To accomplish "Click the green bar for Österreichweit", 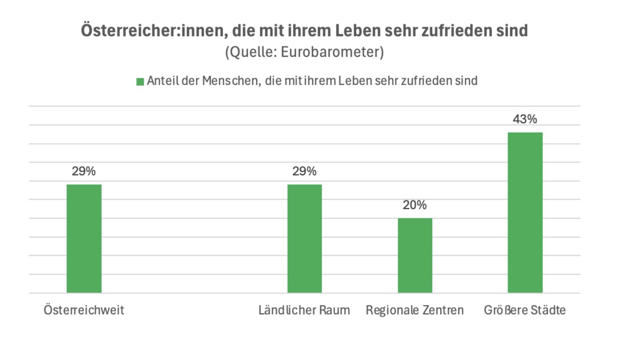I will coord(84,238).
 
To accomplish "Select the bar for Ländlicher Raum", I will coord(304,238).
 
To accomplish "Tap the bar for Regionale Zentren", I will coord(415,255).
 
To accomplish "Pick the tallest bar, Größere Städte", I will coord(525,212).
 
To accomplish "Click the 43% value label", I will coord(525,119).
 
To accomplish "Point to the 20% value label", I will coord(415,205).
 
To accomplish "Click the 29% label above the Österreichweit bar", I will coord(84,171).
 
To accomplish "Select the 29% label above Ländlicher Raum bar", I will coord(304,171).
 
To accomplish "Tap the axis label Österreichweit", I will coord(84,310).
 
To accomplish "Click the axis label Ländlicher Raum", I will coord(304,310).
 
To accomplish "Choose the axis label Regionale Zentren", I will coord(415,310).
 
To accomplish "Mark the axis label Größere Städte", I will coord(525,310).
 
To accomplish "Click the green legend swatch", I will coord(140,82).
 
